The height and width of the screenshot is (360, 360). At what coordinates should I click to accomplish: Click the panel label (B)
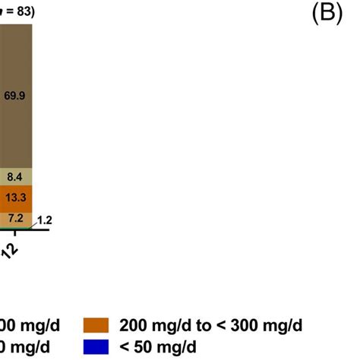(328, 16)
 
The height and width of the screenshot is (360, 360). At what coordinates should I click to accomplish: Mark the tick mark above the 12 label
(16, 235)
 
